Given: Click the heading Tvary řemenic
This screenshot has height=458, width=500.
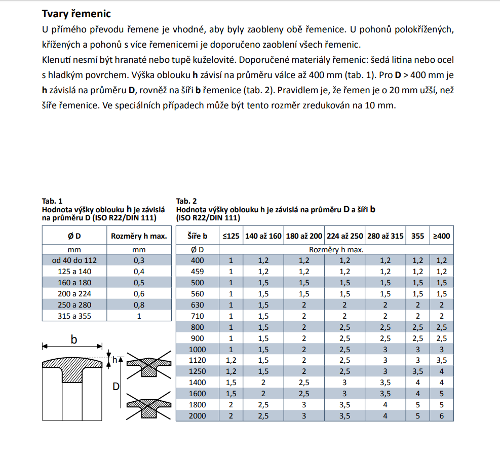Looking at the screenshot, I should pos(76,14).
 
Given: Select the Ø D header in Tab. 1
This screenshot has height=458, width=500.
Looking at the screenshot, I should pos(74,236).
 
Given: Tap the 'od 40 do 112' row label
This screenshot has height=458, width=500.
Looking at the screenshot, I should pos(74,260).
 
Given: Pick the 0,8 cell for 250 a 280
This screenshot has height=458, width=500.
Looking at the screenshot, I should pos(139,305).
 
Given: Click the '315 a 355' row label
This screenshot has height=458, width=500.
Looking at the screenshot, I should pos(74,316).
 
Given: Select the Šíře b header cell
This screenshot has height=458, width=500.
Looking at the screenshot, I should pos(197,236).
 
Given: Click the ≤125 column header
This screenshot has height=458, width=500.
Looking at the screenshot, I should pos(231,236).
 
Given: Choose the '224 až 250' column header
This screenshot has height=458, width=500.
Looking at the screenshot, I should pos(344,236).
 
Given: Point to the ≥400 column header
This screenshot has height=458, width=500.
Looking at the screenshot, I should pos(441,236).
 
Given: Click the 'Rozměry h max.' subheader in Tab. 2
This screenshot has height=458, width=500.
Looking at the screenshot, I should pos(336,249).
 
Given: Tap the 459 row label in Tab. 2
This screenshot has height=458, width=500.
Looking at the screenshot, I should pos(197,272).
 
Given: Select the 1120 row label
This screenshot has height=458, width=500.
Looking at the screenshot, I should pos(197,361).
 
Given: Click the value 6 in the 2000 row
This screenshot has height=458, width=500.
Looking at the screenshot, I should pos(441,416).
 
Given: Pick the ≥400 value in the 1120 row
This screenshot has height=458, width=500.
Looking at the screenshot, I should pos(441,361).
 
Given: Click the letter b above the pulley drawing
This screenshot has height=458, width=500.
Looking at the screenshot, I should pos(73,340).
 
